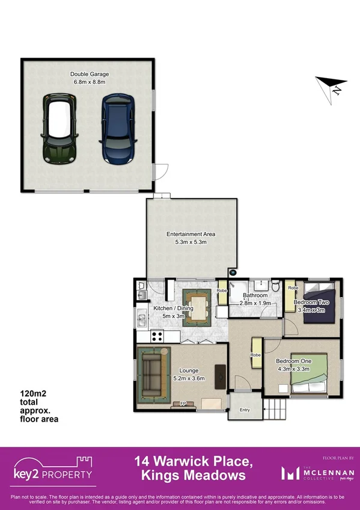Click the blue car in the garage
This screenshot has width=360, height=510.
pos(117,129)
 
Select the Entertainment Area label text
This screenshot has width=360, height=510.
pos(191,234)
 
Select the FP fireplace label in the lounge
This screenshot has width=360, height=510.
pos(183,404)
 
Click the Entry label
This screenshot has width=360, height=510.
pos(245,410)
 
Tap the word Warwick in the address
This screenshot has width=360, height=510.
pos(193,462)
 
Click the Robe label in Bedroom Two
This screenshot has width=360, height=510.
pos(293,288)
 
